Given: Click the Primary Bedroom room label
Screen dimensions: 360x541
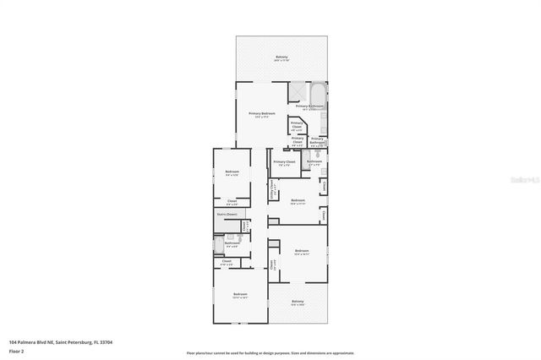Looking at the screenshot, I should [x=261, y=113].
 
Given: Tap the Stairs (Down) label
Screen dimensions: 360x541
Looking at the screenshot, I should [x=226, y=215].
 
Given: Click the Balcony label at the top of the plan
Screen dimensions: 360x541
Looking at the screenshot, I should [x=281, y=57].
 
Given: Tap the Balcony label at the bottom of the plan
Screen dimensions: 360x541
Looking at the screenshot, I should [x=298, y=302].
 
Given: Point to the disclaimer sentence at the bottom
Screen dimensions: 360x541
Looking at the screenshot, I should [x=270, y=352].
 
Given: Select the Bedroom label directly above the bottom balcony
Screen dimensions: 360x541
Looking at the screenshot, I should [x=303, y=251].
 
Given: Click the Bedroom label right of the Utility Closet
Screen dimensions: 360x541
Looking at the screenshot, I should [x=298, y=200].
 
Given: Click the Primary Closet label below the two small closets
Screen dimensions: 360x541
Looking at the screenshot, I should [x=284, y=161].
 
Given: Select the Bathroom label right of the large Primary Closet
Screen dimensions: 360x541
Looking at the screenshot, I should [x=314, y=161].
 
